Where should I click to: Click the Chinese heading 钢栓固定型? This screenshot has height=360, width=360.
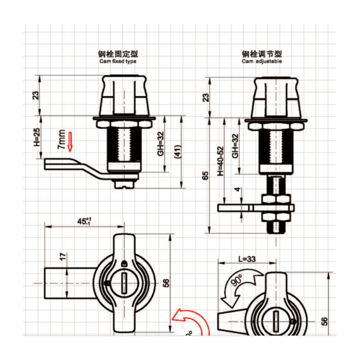[x=118, y=54]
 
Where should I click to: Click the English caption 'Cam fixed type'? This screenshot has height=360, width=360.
[x=118, y=62]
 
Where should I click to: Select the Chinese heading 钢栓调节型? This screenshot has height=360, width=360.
[x=262, y=54]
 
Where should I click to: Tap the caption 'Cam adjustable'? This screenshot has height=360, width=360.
[x=262, y=62]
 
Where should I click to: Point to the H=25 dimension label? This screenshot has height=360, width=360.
[x=37, y=137]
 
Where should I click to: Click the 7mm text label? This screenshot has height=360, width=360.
[x=61, y=140]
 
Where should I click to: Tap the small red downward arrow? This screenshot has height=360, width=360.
[x=70, y=141]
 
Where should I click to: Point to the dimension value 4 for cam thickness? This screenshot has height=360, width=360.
[x=237, y=190]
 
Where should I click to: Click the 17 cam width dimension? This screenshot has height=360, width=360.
[x=61, y=257]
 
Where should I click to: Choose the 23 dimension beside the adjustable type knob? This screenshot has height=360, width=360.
[x=205, y=97]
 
